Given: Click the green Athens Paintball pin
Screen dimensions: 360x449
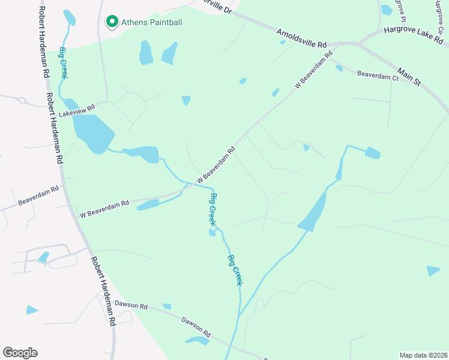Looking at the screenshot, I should tap(111, 22).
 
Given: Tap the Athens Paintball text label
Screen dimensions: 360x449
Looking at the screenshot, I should tap(151, 22).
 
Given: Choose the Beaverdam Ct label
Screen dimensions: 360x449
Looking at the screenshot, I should tap(378, 76).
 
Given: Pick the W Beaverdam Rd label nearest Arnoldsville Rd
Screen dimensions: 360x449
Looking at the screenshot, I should tap(313, 71).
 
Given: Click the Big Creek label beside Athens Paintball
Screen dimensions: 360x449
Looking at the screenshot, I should tap(62, 62).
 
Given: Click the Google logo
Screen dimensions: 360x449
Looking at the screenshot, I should tap(20, 352).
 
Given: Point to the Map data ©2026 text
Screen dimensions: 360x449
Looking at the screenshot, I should tap(423, 355).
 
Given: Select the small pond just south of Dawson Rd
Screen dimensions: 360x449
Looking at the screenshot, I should tap(197, 341).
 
